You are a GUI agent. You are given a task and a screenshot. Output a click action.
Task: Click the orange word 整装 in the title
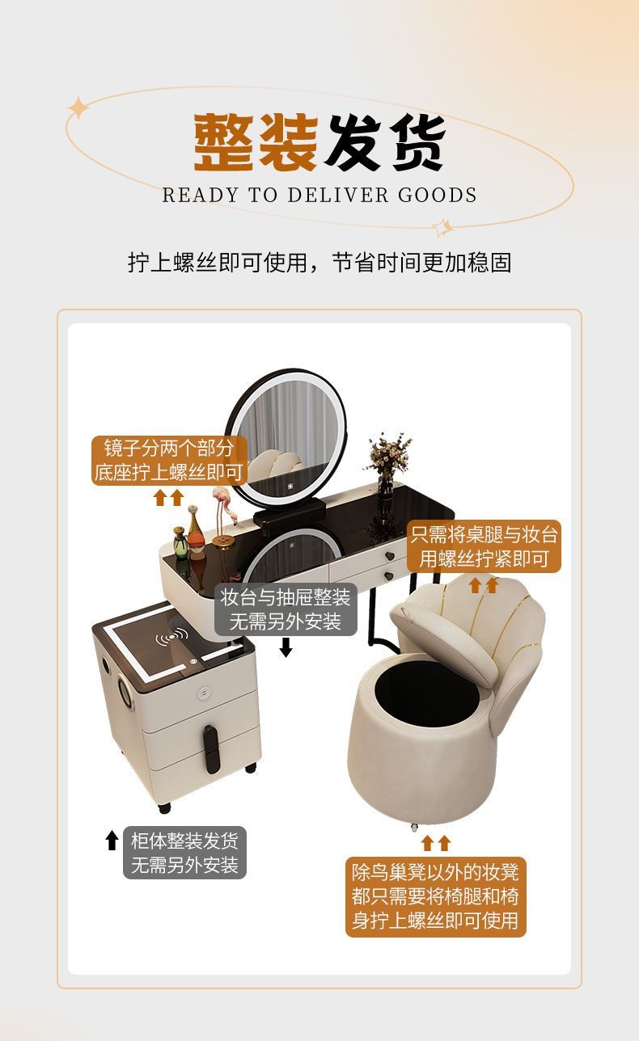pyautogui.click(x=256, y=141)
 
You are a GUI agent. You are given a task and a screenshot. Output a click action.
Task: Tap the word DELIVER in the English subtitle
pyautogui.click(x=337, y=196)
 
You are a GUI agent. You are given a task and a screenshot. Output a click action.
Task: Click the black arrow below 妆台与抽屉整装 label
pyautogui.click(x=286, y=647)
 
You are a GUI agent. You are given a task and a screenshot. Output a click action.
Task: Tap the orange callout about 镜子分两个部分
pyautogui.click(x=169, y=461)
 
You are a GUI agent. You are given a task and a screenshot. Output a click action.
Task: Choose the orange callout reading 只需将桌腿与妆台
pyautogui.click(x=485, y=546)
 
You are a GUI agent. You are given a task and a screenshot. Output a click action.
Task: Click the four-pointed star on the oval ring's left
pyautogui.click(x=78, y=108)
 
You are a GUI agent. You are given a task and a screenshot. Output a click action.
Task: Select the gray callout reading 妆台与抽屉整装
pyautogui.click(x=286, y=609)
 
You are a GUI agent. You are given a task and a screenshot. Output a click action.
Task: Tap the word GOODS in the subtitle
pyautogui.click(x=438, y=196)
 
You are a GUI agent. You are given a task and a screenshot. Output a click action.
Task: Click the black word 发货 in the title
pyautogui.click(x=385, y=141)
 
